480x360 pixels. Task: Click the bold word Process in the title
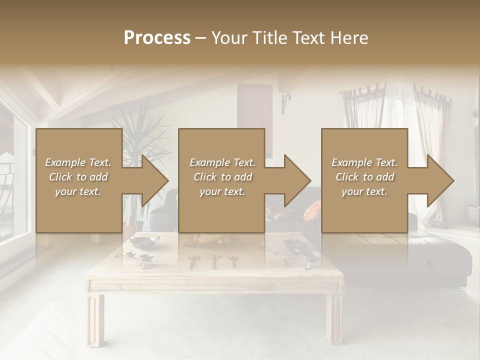[x=157, y=38]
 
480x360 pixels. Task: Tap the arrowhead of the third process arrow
[x=439, y=180]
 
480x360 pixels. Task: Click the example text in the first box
[x=78, y=177]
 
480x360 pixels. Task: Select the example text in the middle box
[x=222, y=177]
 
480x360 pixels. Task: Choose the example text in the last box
[x=364, y=177]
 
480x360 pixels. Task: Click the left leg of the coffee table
[x=95, y=320]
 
